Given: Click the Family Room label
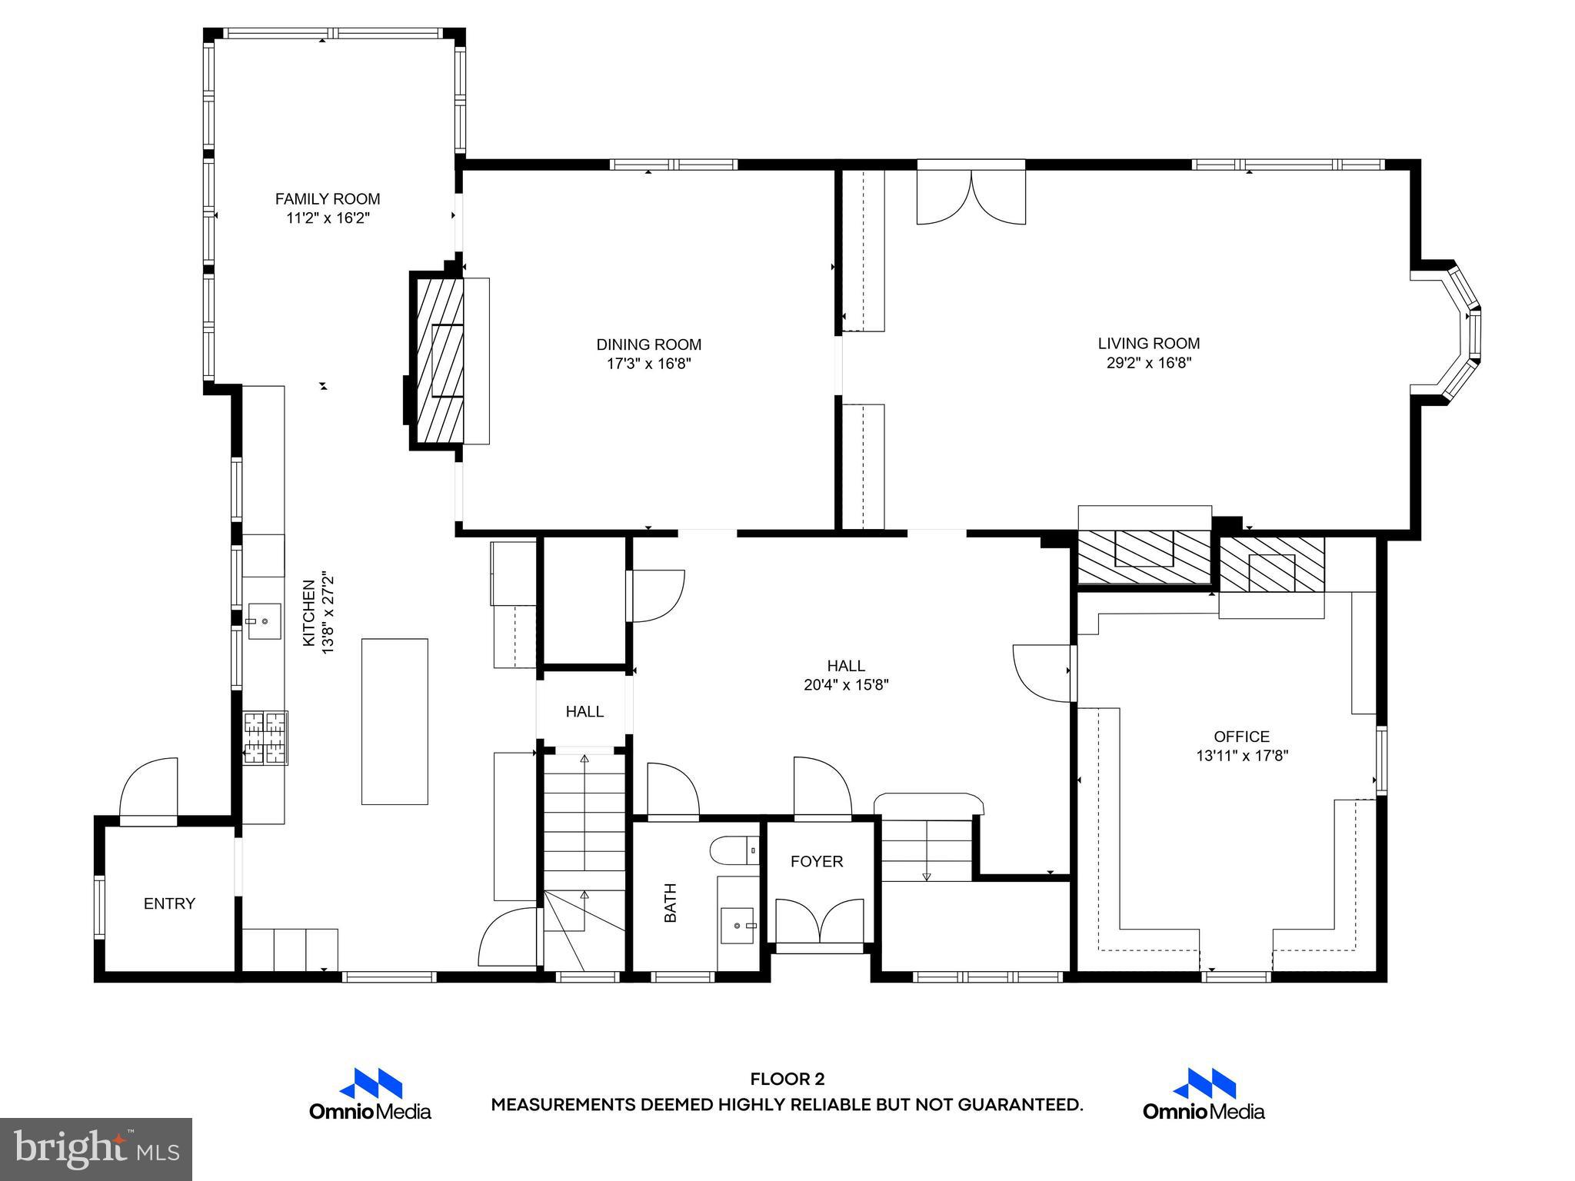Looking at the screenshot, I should point(328,199).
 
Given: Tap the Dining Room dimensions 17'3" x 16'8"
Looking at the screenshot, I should point(649,364).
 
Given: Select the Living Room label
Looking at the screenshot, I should point(1148,344).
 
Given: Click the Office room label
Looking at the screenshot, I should point(1241,737).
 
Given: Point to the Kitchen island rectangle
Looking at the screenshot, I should point(395,721).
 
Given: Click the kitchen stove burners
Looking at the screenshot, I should point(265,738).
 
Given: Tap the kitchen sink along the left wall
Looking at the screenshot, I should point(264,621).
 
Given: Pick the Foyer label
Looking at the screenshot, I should point(817,862).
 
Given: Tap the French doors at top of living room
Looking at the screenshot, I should point(971,197).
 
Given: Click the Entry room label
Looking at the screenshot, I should point(169,903).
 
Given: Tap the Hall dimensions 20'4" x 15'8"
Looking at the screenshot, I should point(846,685).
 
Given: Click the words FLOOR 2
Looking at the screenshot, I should point(787,1080).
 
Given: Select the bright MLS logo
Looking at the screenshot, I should point(96,1149).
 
